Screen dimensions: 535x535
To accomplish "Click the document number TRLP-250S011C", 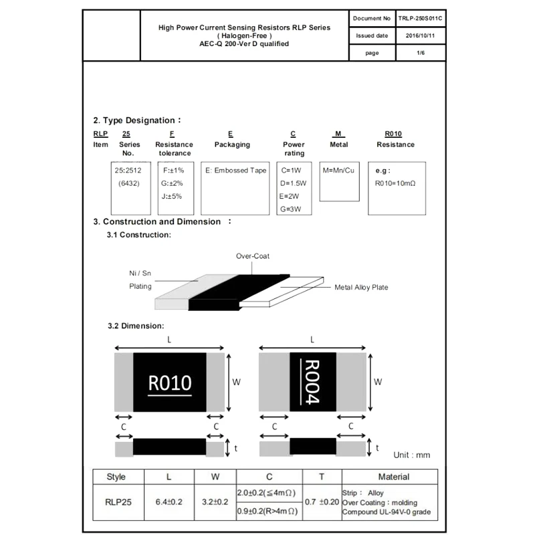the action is [x=421, y=19].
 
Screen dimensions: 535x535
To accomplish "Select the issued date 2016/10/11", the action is [x=421, y=36].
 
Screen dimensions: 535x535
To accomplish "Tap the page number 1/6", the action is [x=421, y=53].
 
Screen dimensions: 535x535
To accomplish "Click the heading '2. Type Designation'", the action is [x=136, y=120].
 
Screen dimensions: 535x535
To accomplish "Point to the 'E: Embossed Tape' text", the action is [x=235, y=171].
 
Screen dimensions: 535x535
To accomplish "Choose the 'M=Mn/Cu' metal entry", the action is [x=339, y=171].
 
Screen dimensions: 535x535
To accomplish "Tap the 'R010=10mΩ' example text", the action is [x=395, y=183].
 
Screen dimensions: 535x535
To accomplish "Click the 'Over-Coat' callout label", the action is [x=253, y=256].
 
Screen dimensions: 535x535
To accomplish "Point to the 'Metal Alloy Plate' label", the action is [x=361, y=288].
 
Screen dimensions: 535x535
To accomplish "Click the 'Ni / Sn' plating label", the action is [x=140, y=274].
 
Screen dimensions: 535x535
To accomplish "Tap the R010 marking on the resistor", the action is [x=170, y=383].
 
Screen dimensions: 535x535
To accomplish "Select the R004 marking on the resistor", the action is [x=313, y=382].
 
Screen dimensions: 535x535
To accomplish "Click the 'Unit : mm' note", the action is [x=412, y=455].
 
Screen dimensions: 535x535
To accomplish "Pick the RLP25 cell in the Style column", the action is [x=116, y=500].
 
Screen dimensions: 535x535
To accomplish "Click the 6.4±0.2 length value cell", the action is [x=169, y=500].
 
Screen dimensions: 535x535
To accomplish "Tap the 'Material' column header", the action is [x=393, y=477].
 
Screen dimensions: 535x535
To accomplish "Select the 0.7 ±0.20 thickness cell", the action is [x=321, y=500].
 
